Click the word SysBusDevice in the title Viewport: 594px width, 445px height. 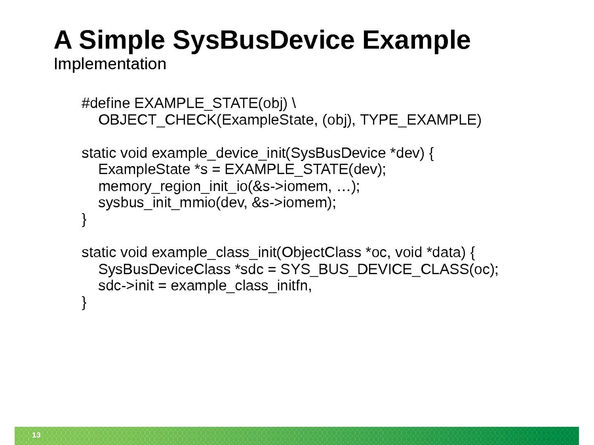[x=263, y=40]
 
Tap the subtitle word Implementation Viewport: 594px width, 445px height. [x=110, y=64]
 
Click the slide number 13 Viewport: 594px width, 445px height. [x=36, y=435]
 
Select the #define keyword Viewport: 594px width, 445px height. [x=106, y=103]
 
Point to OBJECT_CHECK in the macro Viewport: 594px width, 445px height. [x=157, y=120]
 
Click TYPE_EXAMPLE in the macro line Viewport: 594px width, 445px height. [x=418, y=120]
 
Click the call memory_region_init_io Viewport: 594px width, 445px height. [x=173, y=187]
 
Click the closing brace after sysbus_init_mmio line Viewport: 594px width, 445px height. [x=84, y=220]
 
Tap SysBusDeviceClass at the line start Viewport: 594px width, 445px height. [x=164, y=269]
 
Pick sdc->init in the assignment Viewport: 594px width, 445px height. [x=126, y=286]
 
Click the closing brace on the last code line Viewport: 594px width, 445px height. [x=84, y=302]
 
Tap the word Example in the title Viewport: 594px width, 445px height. [x=417, y=40]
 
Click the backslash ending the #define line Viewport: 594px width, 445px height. [x=294, y=103]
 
